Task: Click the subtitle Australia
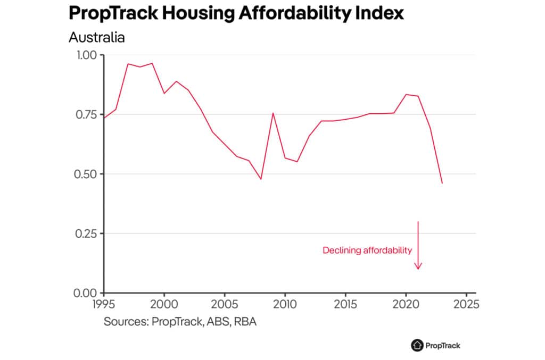tap(96, 38)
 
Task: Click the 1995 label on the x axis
tap(104, 305)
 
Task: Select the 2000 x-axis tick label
tap(164, 305)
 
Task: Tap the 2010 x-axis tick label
tap(285, 305)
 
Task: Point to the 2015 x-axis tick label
tap(345, 305)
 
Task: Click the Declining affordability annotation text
tap(367, 250)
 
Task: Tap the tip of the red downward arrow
tap(418, 269)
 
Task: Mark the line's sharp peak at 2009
tap(273, 113)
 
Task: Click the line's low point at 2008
tap(261, 179)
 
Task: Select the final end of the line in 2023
tap(442, 183)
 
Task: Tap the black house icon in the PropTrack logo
tap(417, 345)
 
